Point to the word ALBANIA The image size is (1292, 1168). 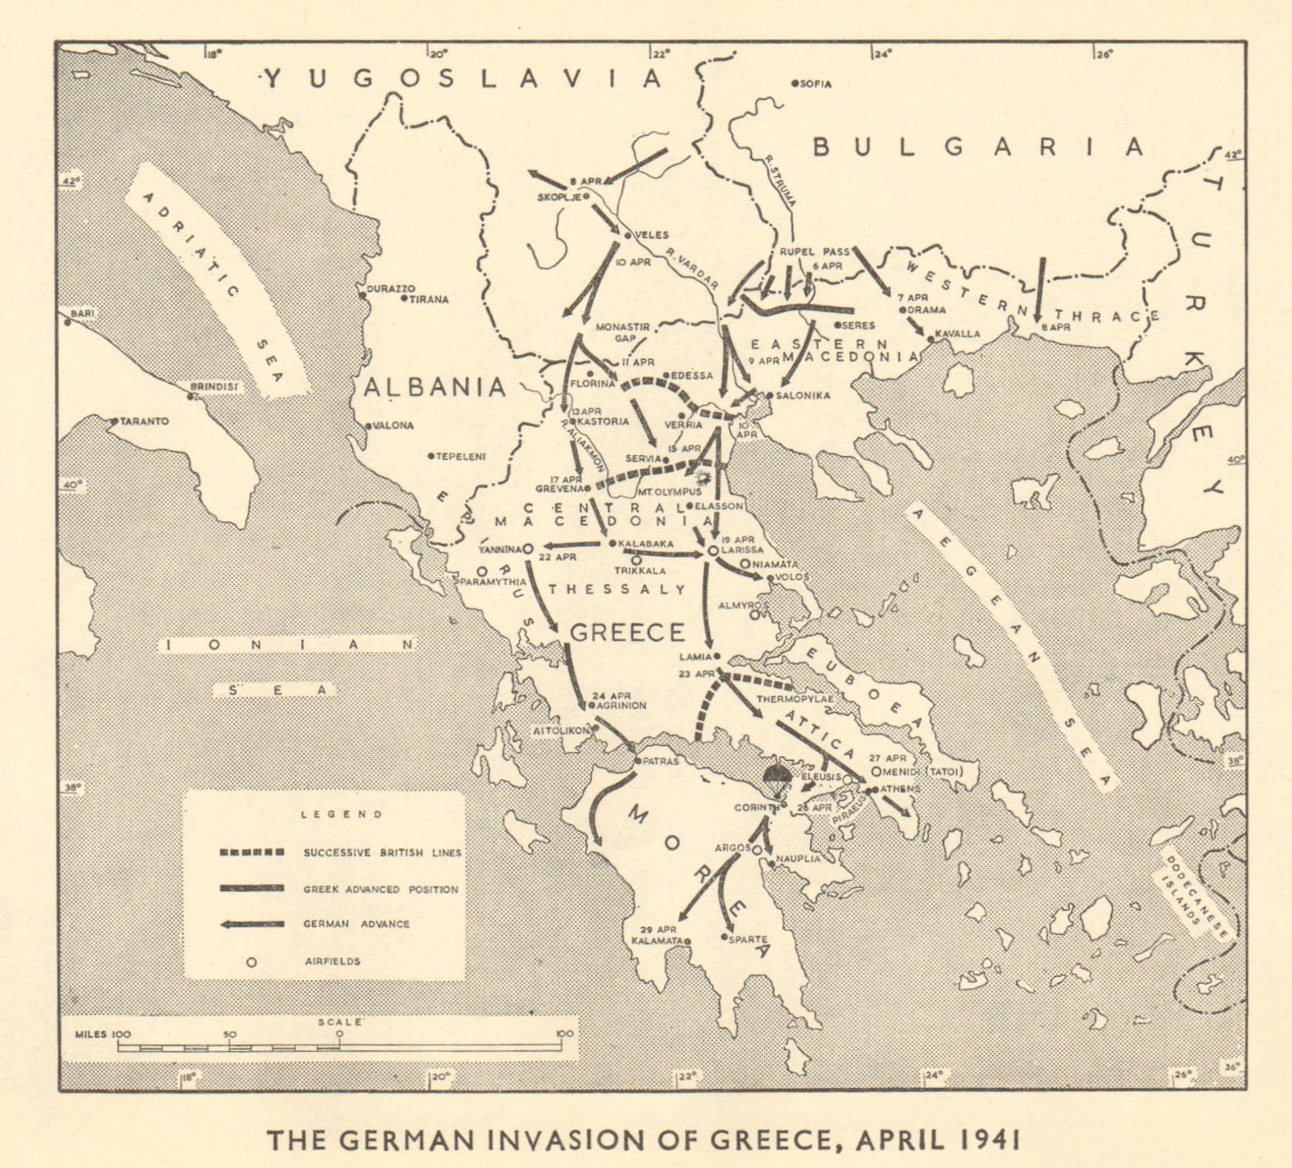coord(434,387)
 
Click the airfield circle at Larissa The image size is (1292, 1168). coord(712,550)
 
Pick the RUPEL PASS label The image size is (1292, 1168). coord(814,252)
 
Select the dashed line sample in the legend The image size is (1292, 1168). coord(251,852)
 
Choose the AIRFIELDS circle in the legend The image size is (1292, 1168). coord(251,961)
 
